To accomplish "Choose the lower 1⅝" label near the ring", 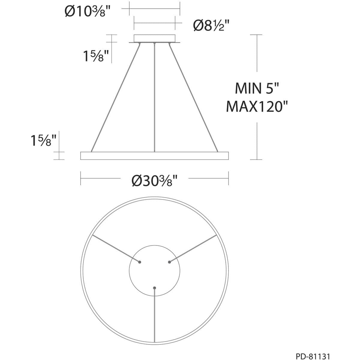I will pyautogui.click(x=43, y=140).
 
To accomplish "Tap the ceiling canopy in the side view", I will pyautogui.click(x=154, y=39).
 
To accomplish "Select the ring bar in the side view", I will pyautogui.click(x=154, y=156).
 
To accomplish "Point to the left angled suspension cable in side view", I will pyautogui.click(x=115, y=97).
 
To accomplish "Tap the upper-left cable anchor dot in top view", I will pyautogui.click(x=139, y=262).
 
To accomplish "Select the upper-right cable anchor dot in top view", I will pyautogui.click(x=169, y=262).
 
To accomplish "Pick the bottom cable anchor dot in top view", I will pyautogui.click(x=154, y=288).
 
